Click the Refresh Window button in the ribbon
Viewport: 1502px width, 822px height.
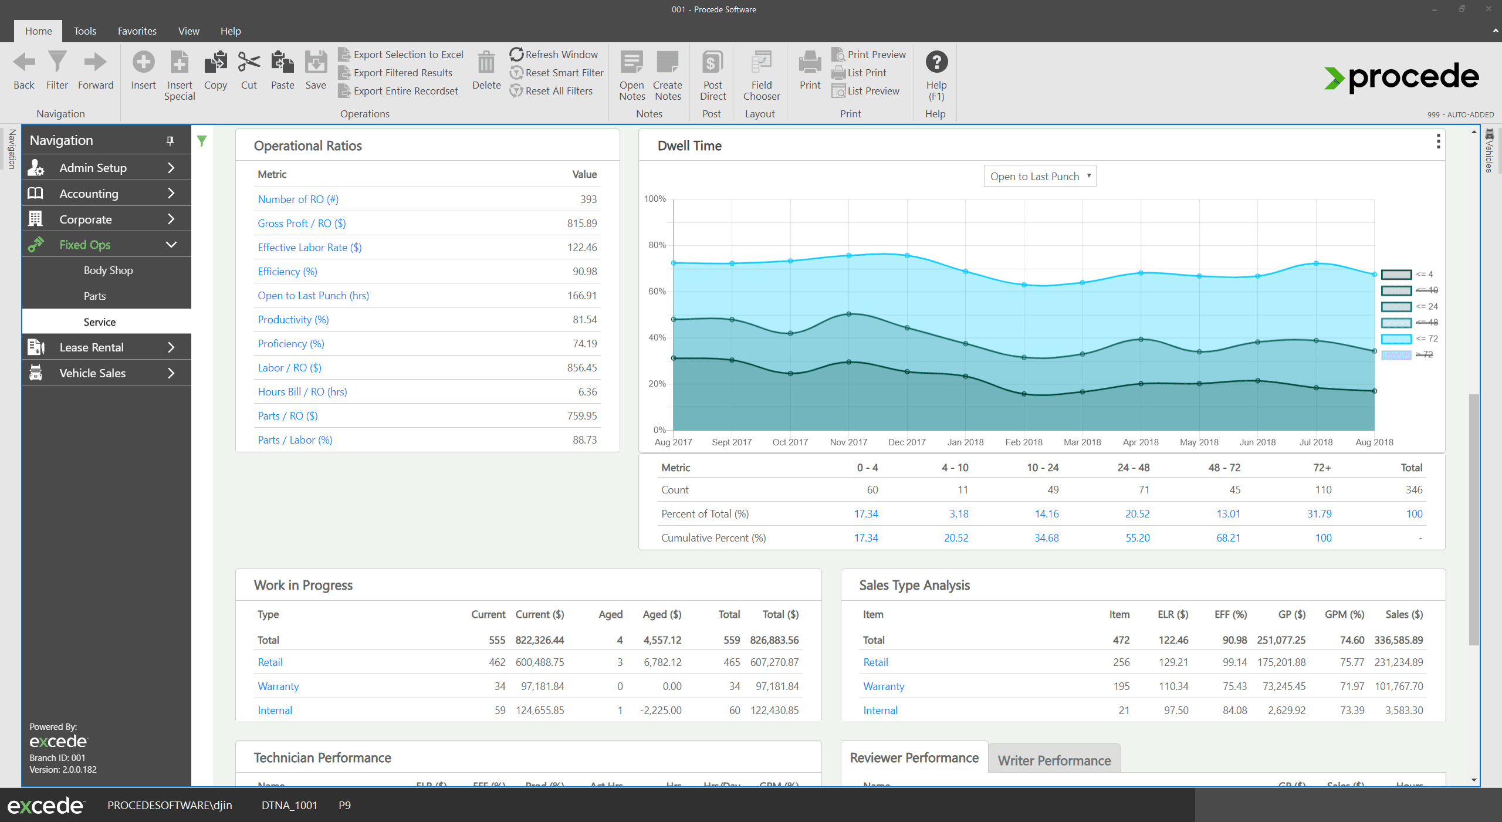pos(554,55)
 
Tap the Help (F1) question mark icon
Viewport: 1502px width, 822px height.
pos(936,62)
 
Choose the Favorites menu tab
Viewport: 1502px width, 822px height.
pos(137,31)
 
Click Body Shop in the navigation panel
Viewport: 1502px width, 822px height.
pos(108,270)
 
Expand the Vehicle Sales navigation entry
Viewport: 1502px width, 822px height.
pos(106,373)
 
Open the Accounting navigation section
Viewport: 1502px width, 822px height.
pos(106,194)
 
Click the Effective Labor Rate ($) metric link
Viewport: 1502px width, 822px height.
pos(309,248)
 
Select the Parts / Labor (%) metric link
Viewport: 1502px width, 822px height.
pos(295,440)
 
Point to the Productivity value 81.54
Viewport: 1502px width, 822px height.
pos(584,320)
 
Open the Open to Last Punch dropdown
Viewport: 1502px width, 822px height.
pos(1040,176)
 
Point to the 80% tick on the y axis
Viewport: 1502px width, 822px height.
pos(657,245)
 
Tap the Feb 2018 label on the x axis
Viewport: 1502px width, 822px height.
pos(1024,442)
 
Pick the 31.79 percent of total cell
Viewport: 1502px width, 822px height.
pos(1319,514)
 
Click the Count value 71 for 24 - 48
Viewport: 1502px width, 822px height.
pos(1144,490)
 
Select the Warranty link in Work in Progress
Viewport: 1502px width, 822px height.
pos(278,686)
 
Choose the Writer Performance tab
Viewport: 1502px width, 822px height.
pos(1054,760)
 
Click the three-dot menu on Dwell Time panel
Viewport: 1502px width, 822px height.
pos(1438,141)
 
